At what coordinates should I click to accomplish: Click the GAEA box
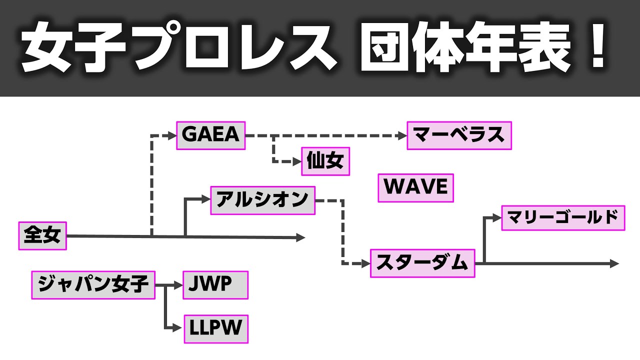click(x=210, y=135)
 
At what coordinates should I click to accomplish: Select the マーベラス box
click(x=459, y=135)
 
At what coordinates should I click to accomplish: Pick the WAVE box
click(x=415, y=188)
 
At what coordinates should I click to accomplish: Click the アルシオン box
click(x=262, y=200)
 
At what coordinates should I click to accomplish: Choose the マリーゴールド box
click(x=563, y=217)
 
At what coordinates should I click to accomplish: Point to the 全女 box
click(x=42, y=235)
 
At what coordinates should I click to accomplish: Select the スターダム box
click(x=422, y=263)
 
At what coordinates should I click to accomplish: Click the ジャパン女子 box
click(x=93, y=285)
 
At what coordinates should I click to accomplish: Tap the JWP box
click(x=215, y=285)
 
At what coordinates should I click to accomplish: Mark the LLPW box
click(x=216, y=328)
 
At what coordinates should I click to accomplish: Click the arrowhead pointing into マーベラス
click(x=402, y=135)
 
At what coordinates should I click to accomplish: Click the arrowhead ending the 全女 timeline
click(x=300, y=237)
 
